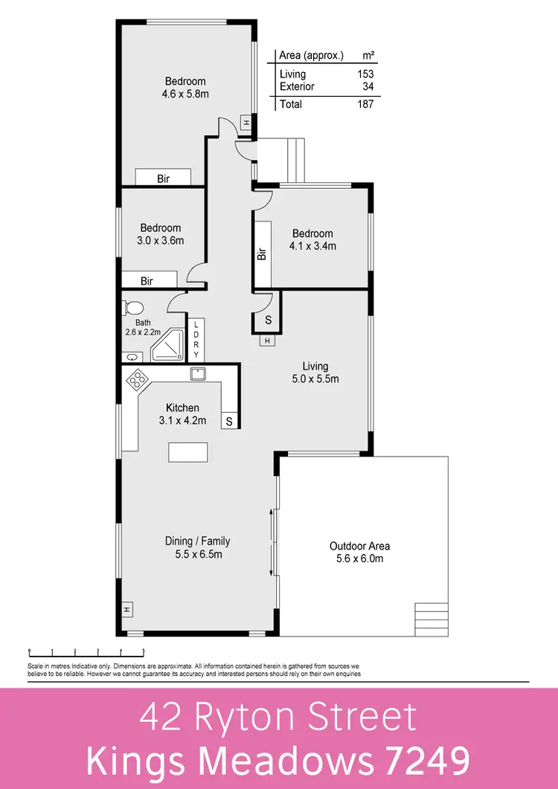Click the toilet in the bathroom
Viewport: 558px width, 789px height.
coord(134,307)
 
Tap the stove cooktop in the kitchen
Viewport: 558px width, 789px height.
coord(137,381)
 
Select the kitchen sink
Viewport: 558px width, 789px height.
coord(198,374)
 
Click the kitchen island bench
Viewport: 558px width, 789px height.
coord(188,452)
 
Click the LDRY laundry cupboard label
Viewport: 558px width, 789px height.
coord(196,339)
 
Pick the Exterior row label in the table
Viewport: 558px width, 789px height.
coord(297,86)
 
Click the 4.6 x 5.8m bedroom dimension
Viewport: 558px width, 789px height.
coord(185,94)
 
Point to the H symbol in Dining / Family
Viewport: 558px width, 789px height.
coord(127,610)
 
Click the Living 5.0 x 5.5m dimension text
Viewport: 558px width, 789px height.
coord(315,379)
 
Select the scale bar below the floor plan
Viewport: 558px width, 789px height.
coord(75,652)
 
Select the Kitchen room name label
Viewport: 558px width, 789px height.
coord(182,408)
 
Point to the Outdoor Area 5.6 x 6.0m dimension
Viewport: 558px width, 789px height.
coord(359,558)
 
